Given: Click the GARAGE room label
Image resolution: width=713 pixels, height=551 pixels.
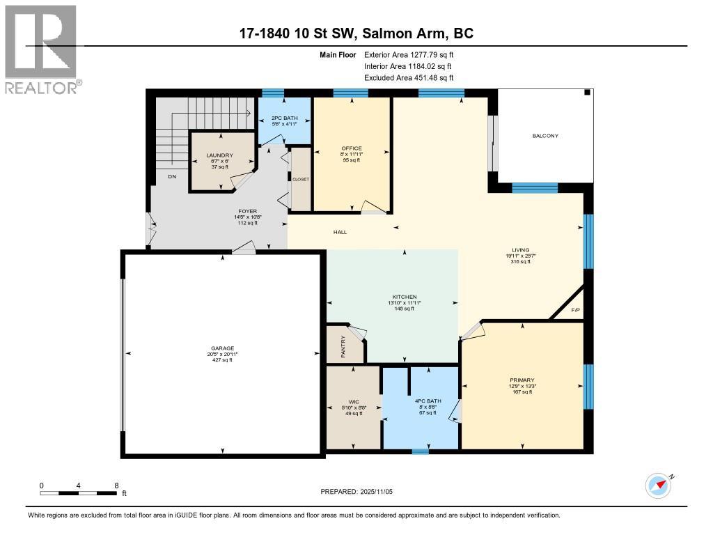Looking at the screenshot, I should [223, 348].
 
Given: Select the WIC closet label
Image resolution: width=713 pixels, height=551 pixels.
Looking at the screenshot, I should [352, 401].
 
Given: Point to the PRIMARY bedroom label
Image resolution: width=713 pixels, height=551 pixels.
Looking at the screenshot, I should [521, 380].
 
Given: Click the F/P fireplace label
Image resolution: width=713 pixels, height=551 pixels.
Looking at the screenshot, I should [575, 310].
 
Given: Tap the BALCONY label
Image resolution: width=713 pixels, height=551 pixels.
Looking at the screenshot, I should [547, 136].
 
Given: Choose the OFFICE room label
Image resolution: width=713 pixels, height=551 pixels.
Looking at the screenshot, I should [352, 148].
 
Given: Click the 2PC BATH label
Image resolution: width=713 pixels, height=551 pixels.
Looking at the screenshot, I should [284, 118].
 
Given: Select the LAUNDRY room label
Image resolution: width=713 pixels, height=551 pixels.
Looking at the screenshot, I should [219, 155].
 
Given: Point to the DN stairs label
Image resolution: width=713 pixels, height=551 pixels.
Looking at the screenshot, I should [171, 177].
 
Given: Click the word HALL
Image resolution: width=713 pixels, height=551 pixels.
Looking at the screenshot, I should [340, 232].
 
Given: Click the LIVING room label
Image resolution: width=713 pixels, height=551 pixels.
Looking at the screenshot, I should [521, 250].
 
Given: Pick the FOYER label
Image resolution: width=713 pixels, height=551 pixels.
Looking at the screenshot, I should [247, 211].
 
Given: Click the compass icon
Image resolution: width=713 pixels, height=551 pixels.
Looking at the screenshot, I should [658, 486].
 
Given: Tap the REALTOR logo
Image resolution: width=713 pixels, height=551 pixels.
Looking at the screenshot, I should [42, 49].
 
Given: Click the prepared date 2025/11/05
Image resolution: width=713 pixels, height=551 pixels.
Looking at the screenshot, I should [381, 491].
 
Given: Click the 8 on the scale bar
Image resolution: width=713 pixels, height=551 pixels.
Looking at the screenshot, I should [116, 486].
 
